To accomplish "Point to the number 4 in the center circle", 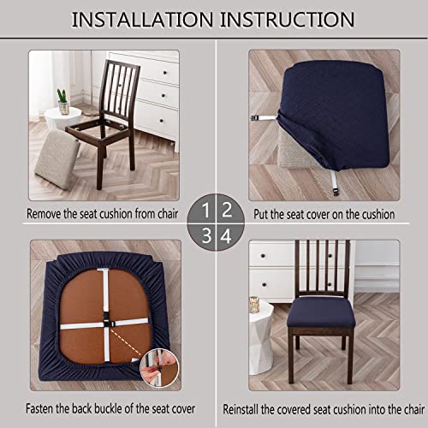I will pos(224,234).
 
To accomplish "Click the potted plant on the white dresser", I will pos(62,100).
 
